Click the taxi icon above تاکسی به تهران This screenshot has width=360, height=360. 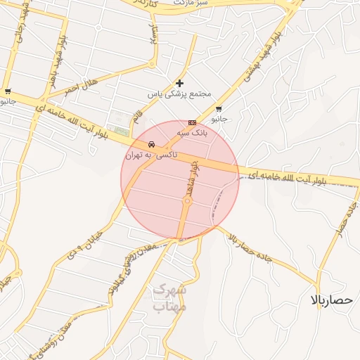pyautogui.click(x=151, y=145)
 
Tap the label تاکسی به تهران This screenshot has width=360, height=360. pyautogui.click(x=151, y=155)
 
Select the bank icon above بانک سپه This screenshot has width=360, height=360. pyautogui.click(x=192, y=122)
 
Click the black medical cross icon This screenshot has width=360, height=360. pyautogui.click(x=179, y=83)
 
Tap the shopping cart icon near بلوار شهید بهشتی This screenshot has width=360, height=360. pyautogui.click(x=219, y=109)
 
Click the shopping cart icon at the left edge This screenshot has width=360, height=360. pyautogui.click(x=7, y=91)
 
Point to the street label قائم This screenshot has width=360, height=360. pyautogui.click(x=138, y=112)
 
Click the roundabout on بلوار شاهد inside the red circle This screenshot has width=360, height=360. pyautogui.click(x=188, y=202)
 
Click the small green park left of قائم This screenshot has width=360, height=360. pyautogui.click(x=122, y=131)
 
